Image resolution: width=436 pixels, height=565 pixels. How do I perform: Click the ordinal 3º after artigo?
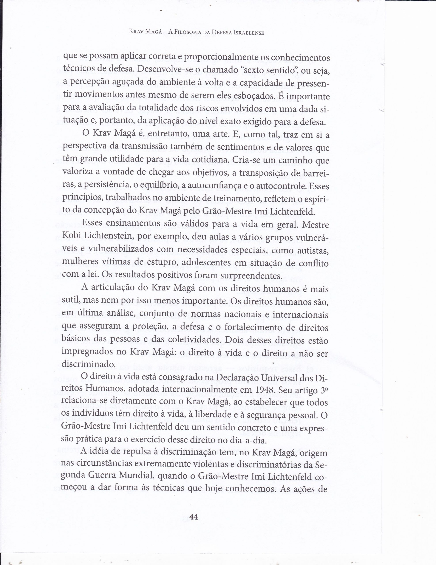(x=324, y=390)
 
